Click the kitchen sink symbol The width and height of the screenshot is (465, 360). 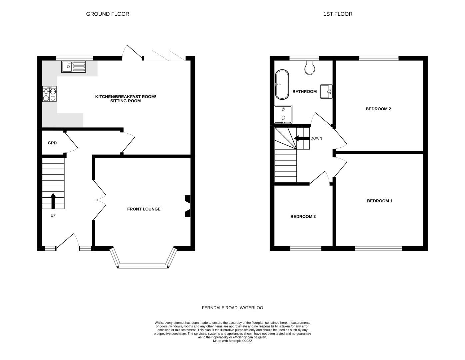[x=73, y=67]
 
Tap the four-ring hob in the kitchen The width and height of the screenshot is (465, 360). [x=49, y=94]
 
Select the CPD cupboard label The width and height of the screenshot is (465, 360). [x=52, y=143]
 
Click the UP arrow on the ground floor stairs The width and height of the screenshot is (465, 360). [x=53, y=201]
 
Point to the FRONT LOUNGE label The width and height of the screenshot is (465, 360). [x=144, y=209]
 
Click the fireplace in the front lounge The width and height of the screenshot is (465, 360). [x=187, y=206]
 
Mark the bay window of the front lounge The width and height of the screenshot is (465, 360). [x=142, y=265]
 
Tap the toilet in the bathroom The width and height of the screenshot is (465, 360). [x=310, y=68]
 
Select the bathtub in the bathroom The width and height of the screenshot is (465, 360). [x=282, y=85]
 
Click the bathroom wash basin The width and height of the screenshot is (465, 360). [x=326, y=91]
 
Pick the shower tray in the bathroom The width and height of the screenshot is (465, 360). [x=283, y=114]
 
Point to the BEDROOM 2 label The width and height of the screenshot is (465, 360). [x=378, y=109]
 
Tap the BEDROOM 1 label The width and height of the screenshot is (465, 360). [x=379, y=201]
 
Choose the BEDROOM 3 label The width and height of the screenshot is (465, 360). [x=303, y=217]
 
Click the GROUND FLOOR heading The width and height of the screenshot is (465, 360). [x=108, y=14]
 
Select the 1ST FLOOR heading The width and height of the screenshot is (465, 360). [x=338, y=14]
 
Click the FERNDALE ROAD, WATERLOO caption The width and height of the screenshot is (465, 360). [x=232, y=308]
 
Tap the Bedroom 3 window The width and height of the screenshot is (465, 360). [x=305, y=248]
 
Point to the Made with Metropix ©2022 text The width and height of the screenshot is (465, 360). [x=232, y=341]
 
